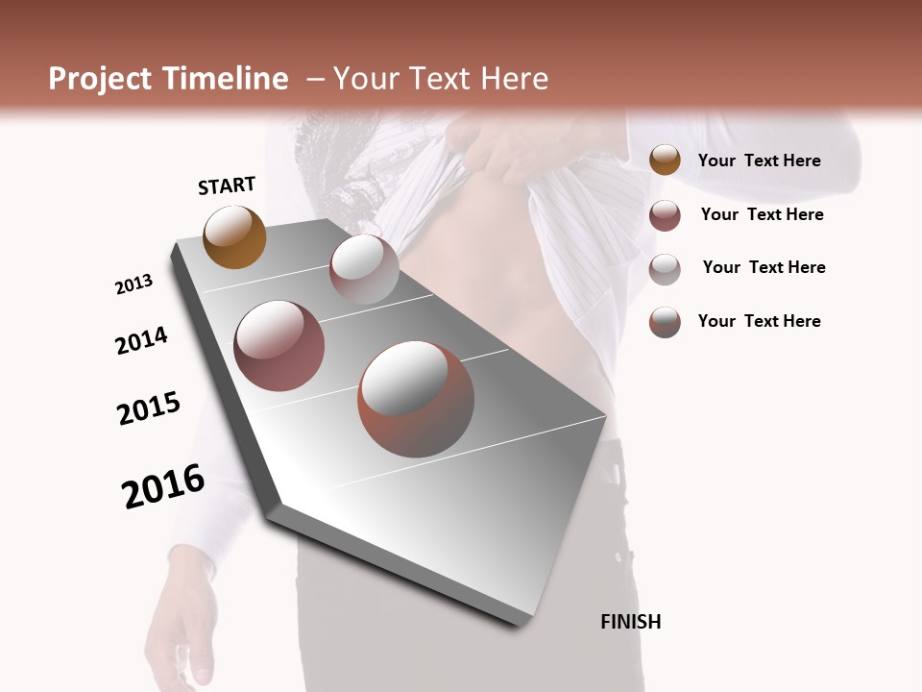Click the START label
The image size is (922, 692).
click(x=227, y=185)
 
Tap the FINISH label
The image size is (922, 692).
click(x=630, y=622)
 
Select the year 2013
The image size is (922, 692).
click(x=133, y=284)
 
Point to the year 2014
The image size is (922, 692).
click(x=141, y=340)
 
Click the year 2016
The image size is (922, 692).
click(x=163, y=486)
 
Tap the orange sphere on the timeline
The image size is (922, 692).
click(x=234, y=236)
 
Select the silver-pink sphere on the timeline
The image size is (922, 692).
click(x=364, y=269)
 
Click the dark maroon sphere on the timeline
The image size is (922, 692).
click(x=279, y=346)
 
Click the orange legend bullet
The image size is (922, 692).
click(x=665, y=161)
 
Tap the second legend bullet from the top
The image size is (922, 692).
click(x=665, y=215)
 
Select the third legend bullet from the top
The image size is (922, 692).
click(x=665, y=269)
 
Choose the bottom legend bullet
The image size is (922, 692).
click(x=665, y=322)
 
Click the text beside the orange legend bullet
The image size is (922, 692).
click(x=759, y=161)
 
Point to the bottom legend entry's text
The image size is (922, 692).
click(x=759, y=321)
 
